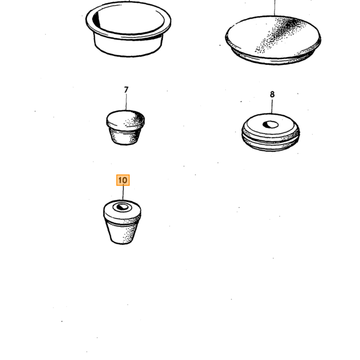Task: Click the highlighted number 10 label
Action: (x=123, y=180)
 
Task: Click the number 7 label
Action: (x=126, y=89)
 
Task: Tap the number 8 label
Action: (x=272, y=94)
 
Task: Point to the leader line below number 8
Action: (x=272, y=106)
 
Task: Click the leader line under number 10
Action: (x=123, y=193)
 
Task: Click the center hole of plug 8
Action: (x=271, y=124)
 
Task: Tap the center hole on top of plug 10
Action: (x=122, y=207)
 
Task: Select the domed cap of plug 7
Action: (x=125, y=120)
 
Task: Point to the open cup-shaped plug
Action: (x=129, y=29)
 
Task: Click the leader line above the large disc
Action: (x=274, y=8)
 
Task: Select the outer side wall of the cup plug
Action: (x=129, y=47)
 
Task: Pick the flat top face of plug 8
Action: (x=271, y=124)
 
